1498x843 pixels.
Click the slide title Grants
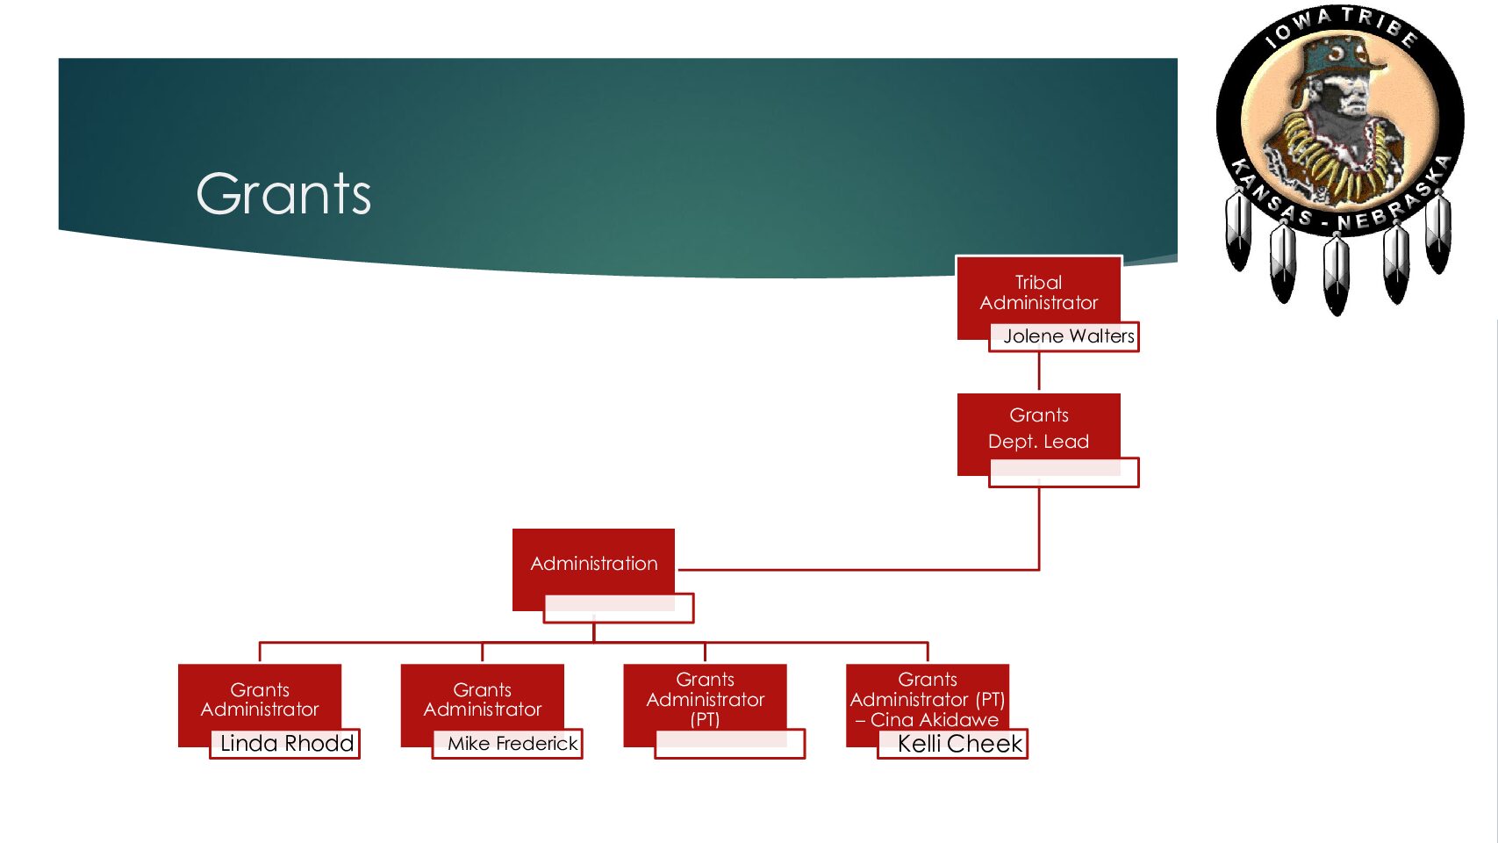coord(283,194)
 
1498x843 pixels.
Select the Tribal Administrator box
coord(1038,292)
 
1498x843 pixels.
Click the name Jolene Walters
coord(1068,336)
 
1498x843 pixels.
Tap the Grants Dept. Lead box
coord(1038,428)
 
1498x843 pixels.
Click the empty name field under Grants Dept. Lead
coord(1064,472)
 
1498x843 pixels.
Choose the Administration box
coord(593,563)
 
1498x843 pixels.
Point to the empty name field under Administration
coord(619,609)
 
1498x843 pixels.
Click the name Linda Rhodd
coord(286,744)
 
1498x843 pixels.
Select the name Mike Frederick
coord(512,744)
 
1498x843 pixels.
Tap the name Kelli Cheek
coord(959,744)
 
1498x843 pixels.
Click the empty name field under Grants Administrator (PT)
coord(730,744)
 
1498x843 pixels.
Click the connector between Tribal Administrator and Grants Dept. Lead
coord(1039,372)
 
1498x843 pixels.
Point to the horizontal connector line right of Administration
coord(860,570)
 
